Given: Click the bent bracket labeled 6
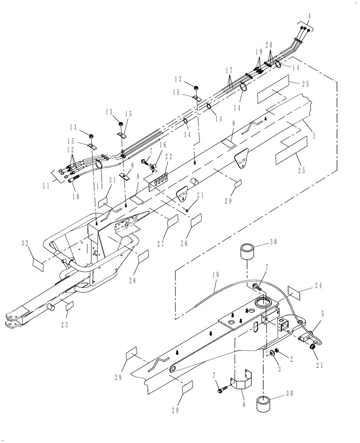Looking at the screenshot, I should point(240,382).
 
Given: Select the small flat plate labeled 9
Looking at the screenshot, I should point(125,177).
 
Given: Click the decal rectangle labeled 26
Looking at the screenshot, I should point(196,219).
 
